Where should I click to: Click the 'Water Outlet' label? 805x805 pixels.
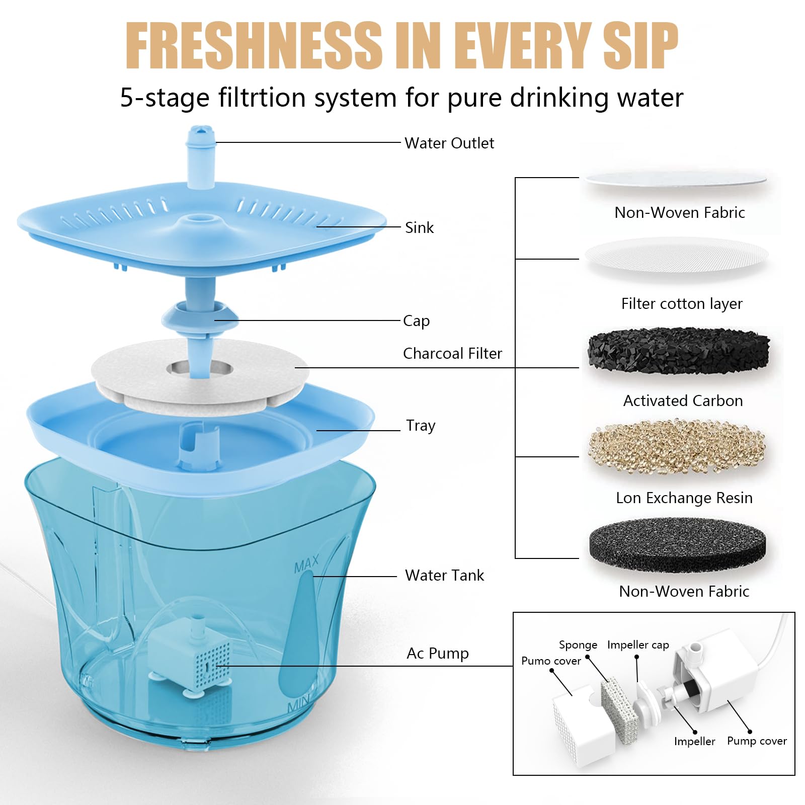coord(449,143)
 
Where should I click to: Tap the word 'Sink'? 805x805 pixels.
coord(419,228)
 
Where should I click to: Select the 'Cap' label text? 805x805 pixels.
coord(416,321)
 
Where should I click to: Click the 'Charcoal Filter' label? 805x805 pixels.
coord(452,354)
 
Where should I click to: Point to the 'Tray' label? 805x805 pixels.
coord(420,426)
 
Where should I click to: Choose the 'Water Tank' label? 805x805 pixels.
coord(444,575)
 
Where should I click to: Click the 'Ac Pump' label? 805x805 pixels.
coord(437,653)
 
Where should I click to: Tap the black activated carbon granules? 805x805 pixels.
coord(678,350)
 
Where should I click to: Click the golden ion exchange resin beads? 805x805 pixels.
coord(677,446)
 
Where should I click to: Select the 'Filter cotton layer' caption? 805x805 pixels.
coord(682,304)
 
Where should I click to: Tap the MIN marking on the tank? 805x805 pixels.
coord(298,704)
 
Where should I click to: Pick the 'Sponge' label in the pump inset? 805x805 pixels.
coord(578,645)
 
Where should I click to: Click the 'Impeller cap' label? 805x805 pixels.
coord(638,645)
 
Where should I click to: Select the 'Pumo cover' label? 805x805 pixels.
coord(551,661)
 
